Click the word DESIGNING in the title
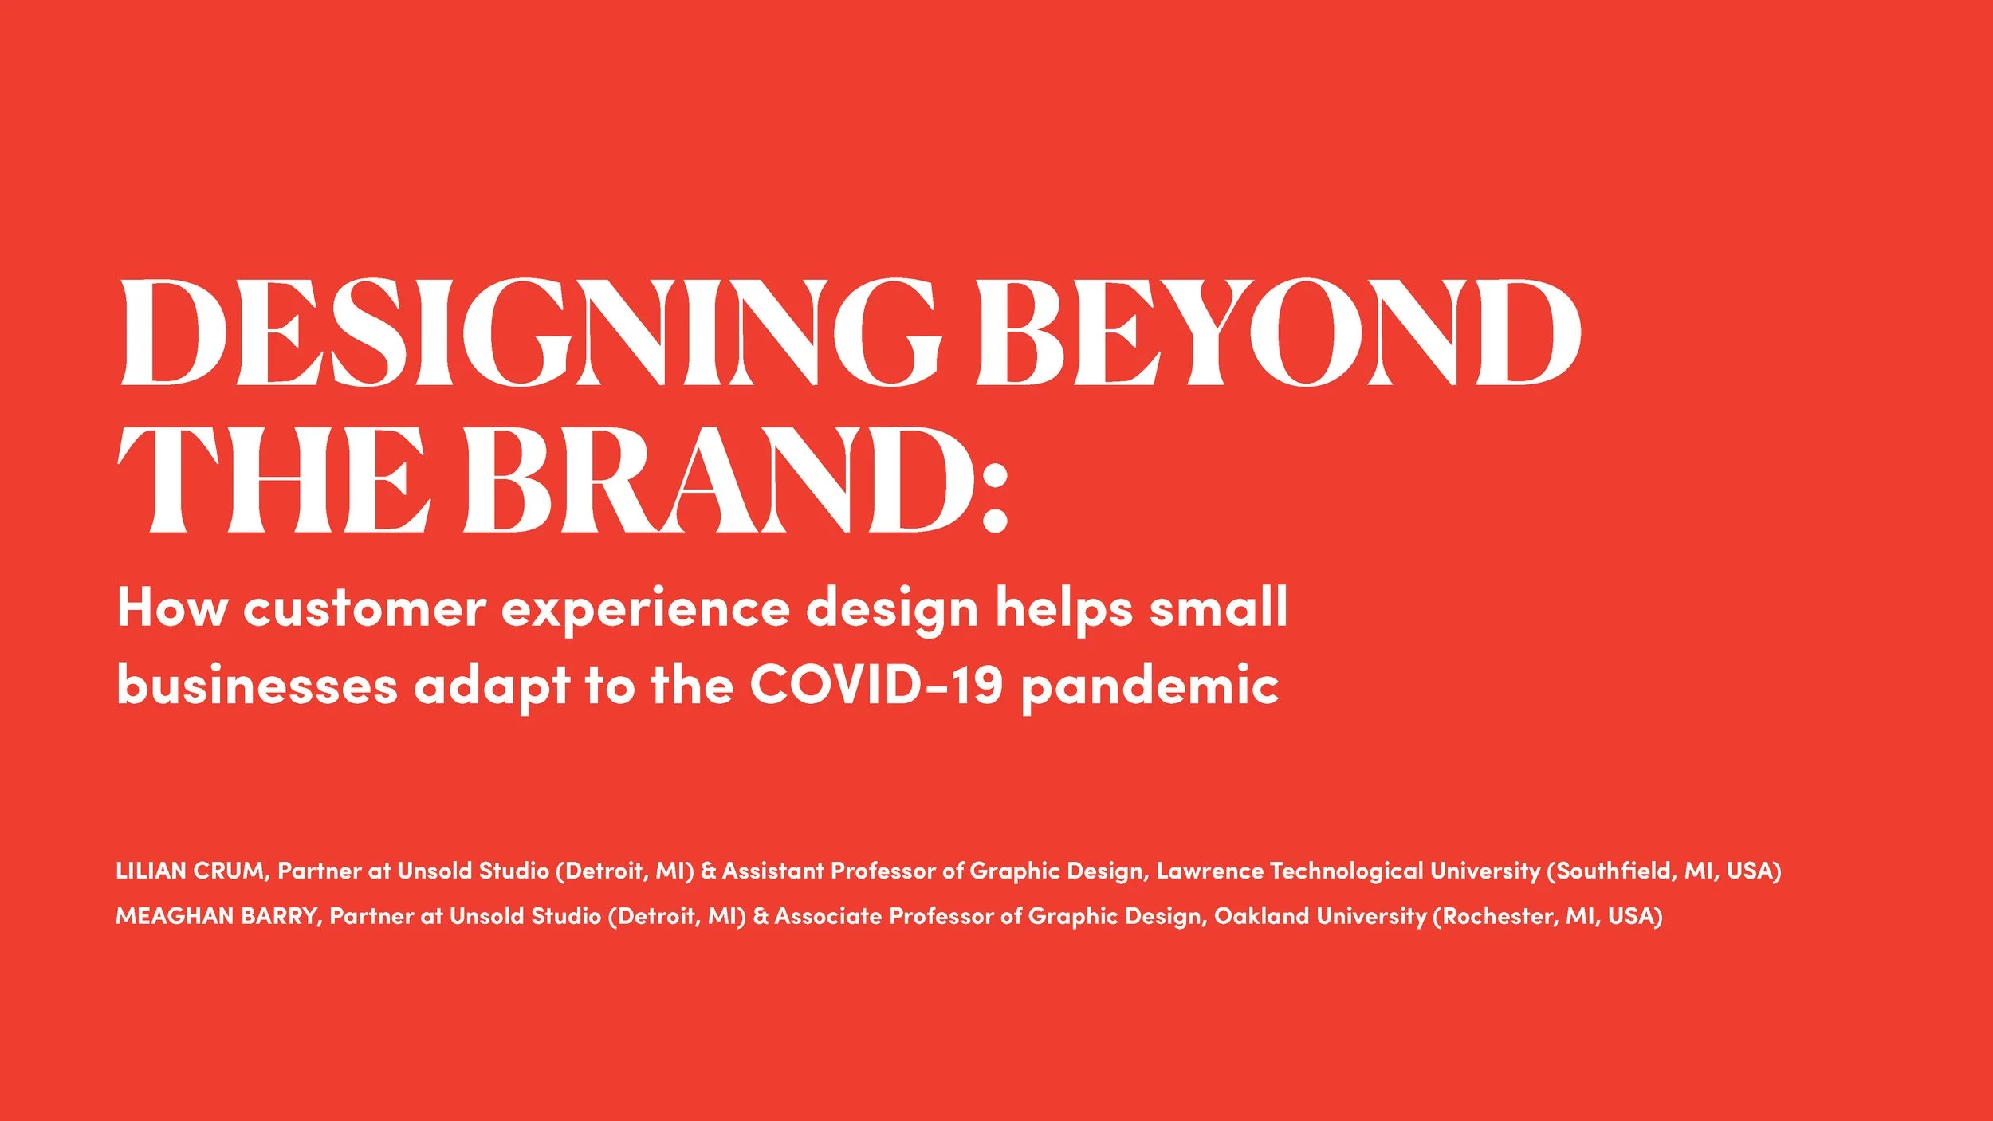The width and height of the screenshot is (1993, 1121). [x=530, y=332]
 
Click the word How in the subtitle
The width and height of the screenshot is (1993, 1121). [x=172, y=608]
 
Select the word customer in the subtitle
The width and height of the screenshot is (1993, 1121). [x=364, y=608]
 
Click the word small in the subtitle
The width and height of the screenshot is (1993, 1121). [x=1217, y=607]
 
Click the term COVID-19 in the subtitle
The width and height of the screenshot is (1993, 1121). [x=876, y=684]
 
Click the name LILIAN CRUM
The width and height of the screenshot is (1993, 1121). [x=190, y=871]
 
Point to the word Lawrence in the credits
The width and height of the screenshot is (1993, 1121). [x=1209, y=871]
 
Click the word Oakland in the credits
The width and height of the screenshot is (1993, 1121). [x=1261, y=916]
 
